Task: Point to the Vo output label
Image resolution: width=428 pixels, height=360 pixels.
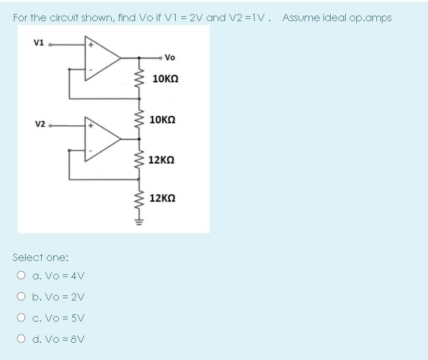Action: pos(170,57)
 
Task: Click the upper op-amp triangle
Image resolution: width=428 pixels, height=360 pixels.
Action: pos(102,57)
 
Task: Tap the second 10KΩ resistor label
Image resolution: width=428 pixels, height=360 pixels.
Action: pos(165,120)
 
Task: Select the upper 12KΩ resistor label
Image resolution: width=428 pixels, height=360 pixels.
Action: pos(165,160)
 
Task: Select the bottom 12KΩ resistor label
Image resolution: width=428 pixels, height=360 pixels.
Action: pos(165,198)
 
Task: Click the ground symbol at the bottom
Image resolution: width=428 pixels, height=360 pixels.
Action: pos(139,222)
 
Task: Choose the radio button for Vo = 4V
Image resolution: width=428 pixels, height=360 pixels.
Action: pos(21,275)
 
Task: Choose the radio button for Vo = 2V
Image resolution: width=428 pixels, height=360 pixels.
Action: pos(21,297)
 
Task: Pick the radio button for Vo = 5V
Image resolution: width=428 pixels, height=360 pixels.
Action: pos(21,318)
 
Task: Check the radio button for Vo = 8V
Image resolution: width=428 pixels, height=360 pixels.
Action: pos(21,339)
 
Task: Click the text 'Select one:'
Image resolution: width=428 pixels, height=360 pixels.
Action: pos(40,257)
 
